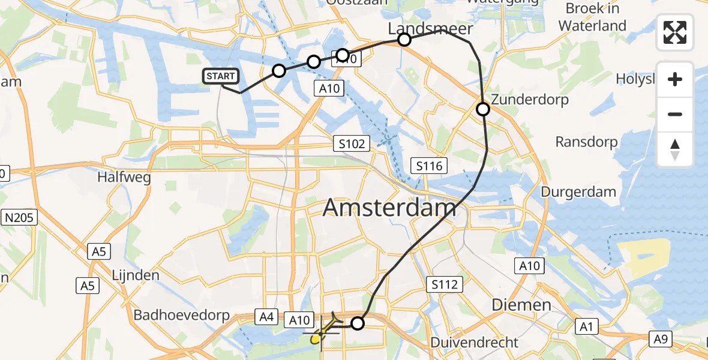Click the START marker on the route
[221, 76]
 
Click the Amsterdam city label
[389, 208]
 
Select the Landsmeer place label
[430, 29]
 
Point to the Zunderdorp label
[530, 99]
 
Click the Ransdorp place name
[586, 142]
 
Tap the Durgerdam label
[578, 192]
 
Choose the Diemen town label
[521, 305]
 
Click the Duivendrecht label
[474, 343]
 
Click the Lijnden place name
[136, 275]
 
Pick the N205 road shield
[20, 218]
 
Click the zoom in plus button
[675, 79]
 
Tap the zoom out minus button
[675, 114]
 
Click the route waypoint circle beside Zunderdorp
[483, 109]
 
